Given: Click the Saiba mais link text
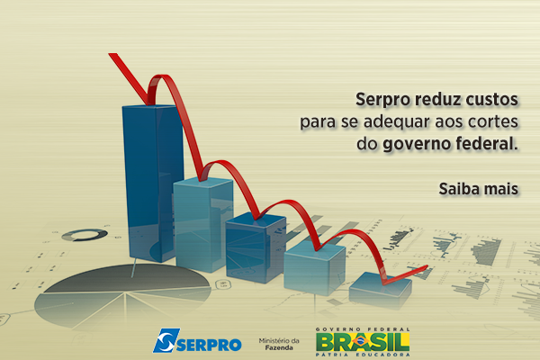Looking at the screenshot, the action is pyautogui.click(x=479, y=189).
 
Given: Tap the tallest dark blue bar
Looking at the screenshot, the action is pyautogui.click(x=153, y=183).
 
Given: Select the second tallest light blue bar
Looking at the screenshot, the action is pyautogui.click(x=203, y=224).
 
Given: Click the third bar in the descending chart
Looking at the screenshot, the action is pyautogui.click(x=256, y=248).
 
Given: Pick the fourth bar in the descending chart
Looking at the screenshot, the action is pyautogui.click(x=314, y=268).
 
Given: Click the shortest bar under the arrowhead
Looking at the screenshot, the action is pyautogui.click(x=380, y=290).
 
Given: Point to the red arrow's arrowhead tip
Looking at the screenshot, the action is pyautogui.click(x=427, y=265).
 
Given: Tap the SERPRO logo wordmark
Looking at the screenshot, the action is pyautogui.click(x=209, y=345).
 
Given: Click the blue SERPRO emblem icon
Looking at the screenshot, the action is pyautogui.click(x=166, y=340).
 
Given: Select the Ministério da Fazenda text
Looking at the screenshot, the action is pyautogui.click(x=279, y=344).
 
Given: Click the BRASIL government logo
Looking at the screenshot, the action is pyautogui.click(x=363, y=342).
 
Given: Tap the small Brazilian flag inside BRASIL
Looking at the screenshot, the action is pyautogui.click(x=361, y=341).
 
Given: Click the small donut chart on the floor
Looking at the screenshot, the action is pyautogui.click(x=85, y=235).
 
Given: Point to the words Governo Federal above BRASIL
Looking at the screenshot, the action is pyautogui.click(x=363, y=329).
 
